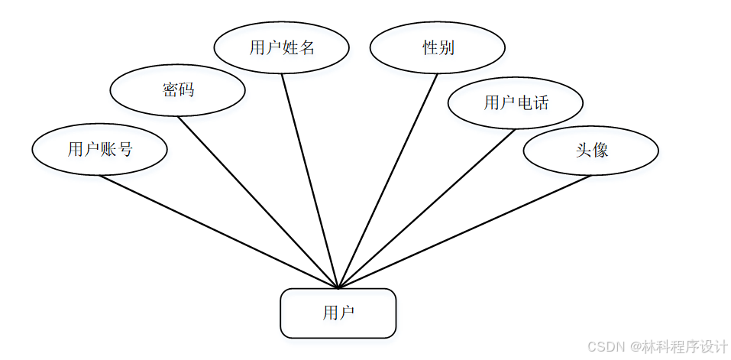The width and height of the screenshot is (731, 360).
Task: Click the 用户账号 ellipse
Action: point(99,149)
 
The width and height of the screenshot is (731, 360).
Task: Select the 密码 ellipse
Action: point(177,90)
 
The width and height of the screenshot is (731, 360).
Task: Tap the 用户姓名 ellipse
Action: point(281,47)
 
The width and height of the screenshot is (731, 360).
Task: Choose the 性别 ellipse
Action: point(437,47)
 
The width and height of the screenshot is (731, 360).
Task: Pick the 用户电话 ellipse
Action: point(515,102)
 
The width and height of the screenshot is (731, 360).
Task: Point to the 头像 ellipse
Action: point(590,150)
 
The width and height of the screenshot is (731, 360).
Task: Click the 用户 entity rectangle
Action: point(338,313)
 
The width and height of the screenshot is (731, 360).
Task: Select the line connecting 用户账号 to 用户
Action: point(218,232)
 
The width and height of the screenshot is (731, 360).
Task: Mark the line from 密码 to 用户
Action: point(257,202)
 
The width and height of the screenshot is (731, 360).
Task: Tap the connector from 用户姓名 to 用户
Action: point(309,180)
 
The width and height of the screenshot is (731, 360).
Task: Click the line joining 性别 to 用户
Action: point(387,180)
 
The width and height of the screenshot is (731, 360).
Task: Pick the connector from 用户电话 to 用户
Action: point(425,208)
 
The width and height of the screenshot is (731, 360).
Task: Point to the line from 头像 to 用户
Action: point(464,232)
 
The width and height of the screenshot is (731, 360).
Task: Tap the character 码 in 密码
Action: point(186,90)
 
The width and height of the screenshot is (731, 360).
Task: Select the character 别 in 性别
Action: point(446,47)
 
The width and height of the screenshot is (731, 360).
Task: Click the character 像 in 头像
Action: point(600,150)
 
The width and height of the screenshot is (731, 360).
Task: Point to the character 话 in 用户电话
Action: point(541,102)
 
